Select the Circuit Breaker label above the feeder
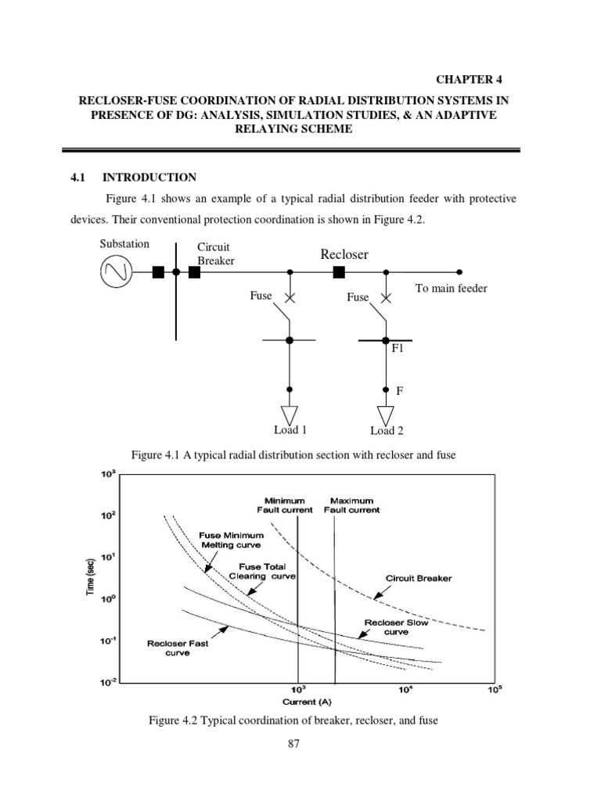[215, 254]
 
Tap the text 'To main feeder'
[451, 289]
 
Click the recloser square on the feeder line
[339, 272]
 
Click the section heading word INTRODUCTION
[155, 178]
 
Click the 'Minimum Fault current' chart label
[285, 505]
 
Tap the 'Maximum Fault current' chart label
[351, 505]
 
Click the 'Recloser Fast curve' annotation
[178, 648]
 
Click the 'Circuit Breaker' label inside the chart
[419, 579]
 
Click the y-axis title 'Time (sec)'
[91, 577]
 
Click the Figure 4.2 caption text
[293, 720]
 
